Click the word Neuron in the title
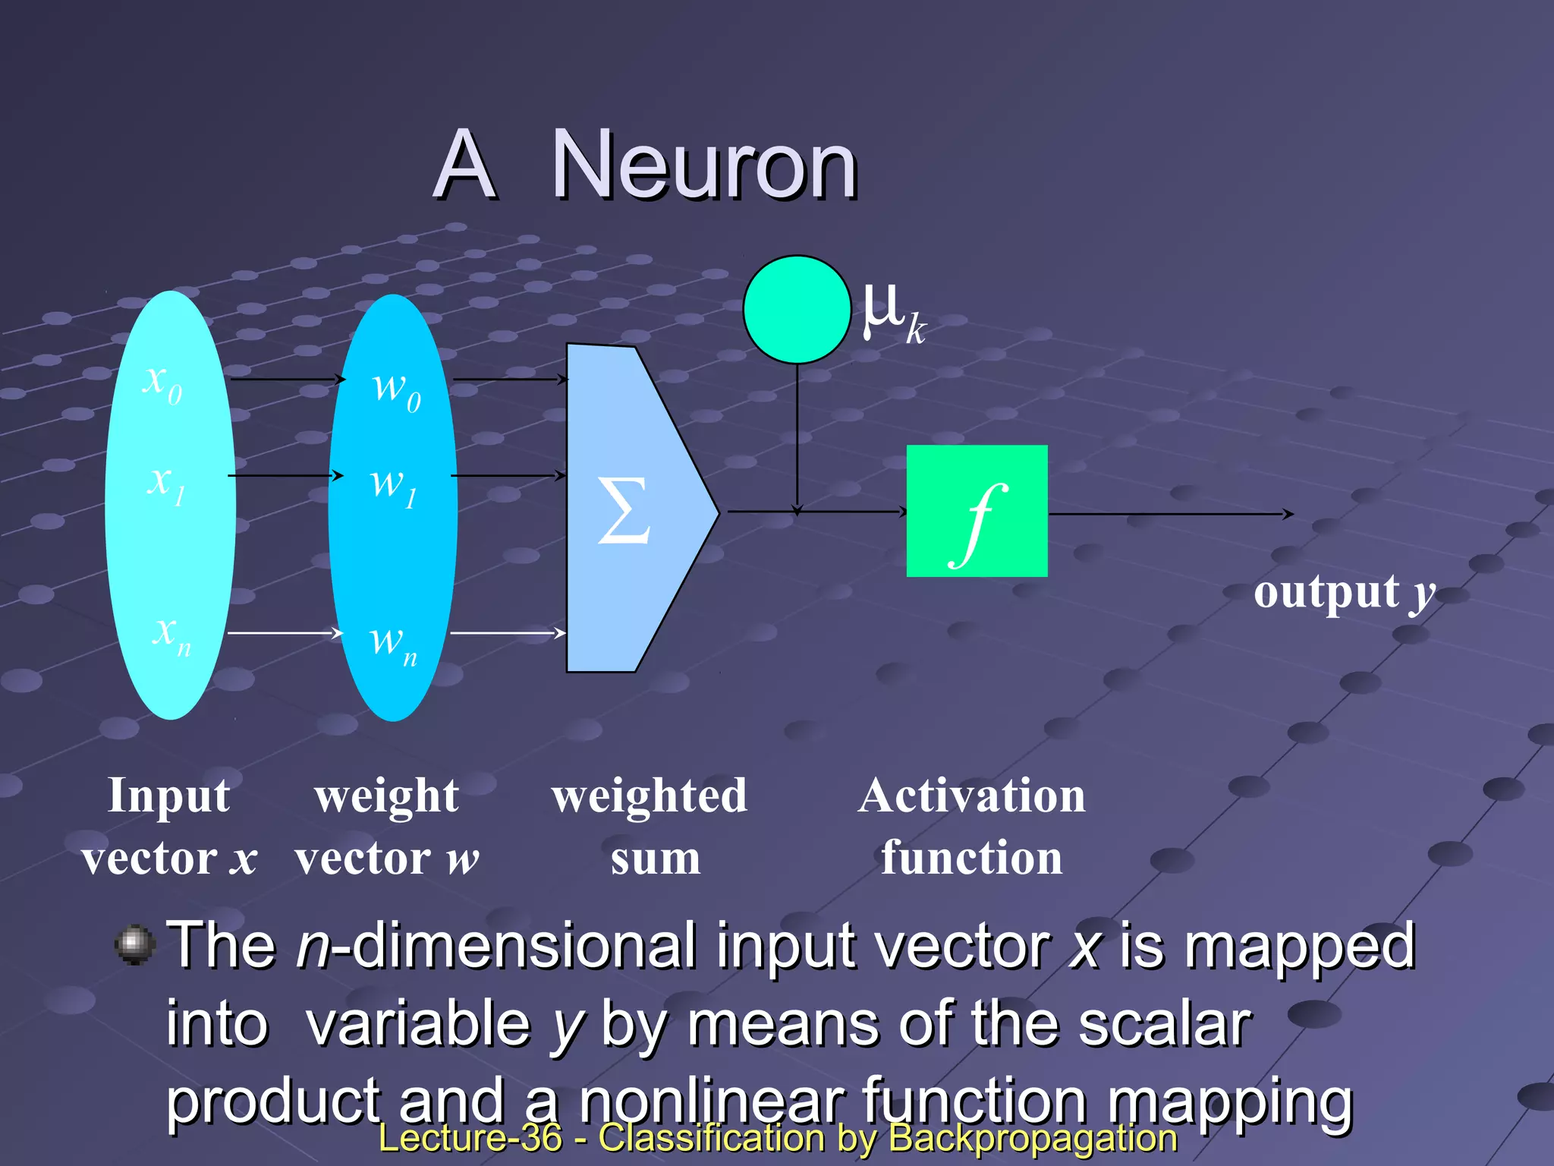tap(704, 165)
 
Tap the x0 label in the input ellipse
tap(162, 382)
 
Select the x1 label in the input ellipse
tap(166, 484)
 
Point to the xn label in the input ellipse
tap(171, 634)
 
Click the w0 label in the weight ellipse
tap(396, 390)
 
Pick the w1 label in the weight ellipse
tap(393, 486)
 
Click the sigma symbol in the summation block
tap(624, 510)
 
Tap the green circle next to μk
tap(797, 310)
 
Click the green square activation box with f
tap(977, 511)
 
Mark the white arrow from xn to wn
tap(285, 632)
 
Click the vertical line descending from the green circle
tap(797, 433)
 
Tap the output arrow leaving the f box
tap(1169, 514)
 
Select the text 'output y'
tap(1344, 592)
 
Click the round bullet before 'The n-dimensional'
tap(135, 944)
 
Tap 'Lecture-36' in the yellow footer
tap(470, 1137)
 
